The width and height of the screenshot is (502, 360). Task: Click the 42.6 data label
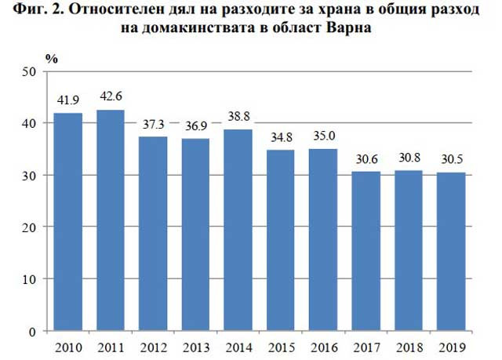(110, 98)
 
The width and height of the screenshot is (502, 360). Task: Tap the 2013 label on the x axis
(195, 347)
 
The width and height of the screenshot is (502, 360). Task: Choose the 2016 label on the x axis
(322, 347)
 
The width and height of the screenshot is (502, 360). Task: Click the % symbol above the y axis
(52, 59)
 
